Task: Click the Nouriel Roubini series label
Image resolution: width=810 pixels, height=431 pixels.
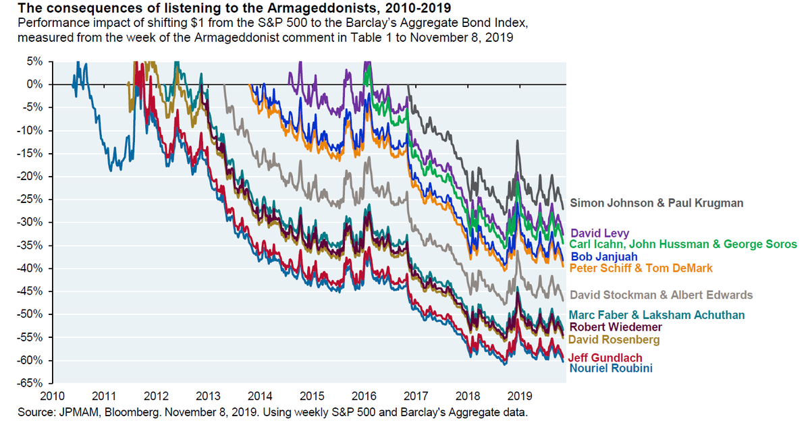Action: (x=611, y=368)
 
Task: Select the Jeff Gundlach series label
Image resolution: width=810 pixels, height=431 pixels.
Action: (x=605, y=358)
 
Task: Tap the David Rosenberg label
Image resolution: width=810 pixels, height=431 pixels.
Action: (x=614, y=340)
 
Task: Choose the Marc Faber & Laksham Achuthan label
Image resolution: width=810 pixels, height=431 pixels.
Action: (x=657, y=315)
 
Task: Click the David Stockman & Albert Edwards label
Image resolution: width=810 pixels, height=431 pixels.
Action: (x=661, y=295)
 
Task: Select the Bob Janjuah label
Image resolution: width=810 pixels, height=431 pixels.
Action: (x=605, y=256)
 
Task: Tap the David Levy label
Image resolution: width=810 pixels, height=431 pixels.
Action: (x=600, y=233)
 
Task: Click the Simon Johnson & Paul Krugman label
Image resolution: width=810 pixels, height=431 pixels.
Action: (x=655, y=202)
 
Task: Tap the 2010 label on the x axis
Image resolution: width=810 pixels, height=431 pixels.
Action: (x=51, y=396)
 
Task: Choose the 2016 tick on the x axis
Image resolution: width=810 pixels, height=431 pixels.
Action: (x=364, y=396)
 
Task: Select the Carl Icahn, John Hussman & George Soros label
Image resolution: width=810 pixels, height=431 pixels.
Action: (x=683, y=244)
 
